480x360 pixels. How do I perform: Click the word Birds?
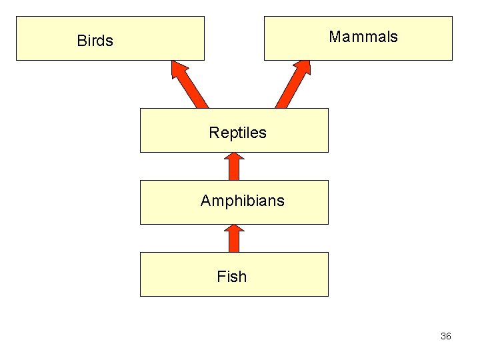(x=95, y=41)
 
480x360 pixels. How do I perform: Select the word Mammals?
(x=363, y=37)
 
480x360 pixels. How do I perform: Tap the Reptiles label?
(x=237, y=133)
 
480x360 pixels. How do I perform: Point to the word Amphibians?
(x=242, y=201)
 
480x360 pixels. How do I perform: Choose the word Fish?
(x=231, y=277)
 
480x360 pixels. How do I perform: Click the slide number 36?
(x=445, y=336)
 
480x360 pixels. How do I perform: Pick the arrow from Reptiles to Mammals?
(x=291, y=87)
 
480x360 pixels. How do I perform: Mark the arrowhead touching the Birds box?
(x=179, y=68)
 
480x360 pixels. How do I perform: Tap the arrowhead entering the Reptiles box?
(x=234, y=157)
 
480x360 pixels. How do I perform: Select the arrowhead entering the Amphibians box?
(x=234, y=229)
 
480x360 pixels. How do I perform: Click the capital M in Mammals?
(x=335, y=37)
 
